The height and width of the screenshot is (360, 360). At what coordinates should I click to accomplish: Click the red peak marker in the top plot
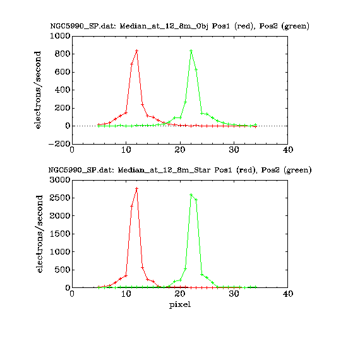pos(137,51)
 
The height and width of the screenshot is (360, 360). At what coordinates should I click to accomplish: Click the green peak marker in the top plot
pos(191,51)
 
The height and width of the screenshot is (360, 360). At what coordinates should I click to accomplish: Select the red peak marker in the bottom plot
pos(137,188)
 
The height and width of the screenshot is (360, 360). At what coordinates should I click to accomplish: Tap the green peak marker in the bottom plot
pos(191,195)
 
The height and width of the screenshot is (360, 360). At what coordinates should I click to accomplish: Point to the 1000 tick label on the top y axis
pos(60,36)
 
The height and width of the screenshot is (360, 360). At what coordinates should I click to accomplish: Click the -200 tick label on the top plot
pos(59,144)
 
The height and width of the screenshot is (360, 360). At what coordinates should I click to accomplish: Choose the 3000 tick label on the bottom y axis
pos(60,180)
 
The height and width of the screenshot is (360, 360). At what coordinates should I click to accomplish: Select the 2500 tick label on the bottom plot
pos(60,198)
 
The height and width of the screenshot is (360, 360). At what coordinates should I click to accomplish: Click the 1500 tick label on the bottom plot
pos(60,234)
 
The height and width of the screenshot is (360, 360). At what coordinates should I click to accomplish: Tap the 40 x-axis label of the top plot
pos(288,150)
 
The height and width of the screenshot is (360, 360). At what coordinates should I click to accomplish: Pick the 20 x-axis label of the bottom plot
pos(180,294)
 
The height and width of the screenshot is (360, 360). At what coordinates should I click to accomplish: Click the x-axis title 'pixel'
pos(180,305)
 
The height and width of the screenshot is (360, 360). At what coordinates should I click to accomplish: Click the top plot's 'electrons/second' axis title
pos(37,90)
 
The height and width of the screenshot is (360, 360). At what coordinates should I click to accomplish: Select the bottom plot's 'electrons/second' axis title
pos(40,234)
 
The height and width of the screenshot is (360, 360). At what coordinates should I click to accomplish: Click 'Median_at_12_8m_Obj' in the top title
pos(164,26)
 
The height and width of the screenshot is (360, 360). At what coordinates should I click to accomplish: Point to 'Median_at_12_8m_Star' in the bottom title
pos(164,170)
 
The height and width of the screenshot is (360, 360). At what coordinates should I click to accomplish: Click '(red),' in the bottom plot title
pos(247,171)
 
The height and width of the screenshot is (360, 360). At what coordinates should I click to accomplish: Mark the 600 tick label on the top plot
pos(63,72)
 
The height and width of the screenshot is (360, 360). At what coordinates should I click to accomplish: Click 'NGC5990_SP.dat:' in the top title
pos(83,26)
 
